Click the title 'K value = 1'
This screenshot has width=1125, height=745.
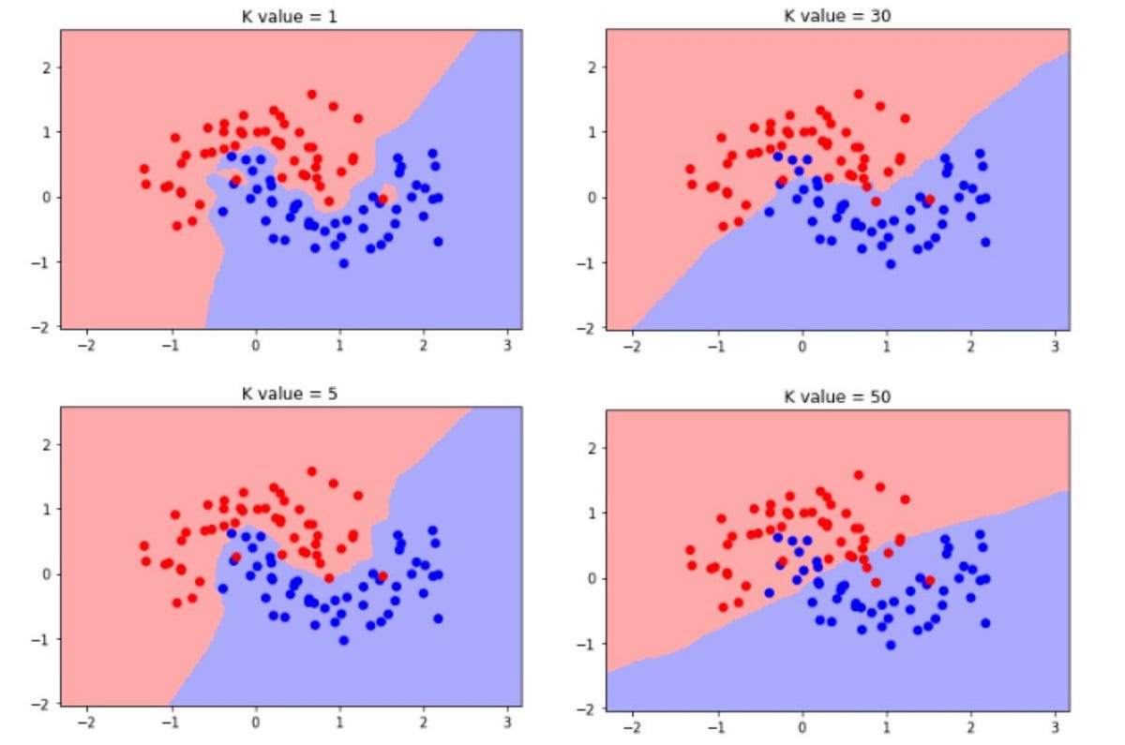(291, 15)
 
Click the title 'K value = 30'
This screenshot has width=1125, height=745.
(837, 15)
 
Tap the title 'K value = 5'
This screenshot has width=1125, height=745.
(291, 393)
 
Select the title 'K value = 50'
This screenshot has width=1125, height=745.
(837, 396)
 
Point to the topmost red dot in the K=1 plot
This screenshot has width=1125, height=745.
(311, 95)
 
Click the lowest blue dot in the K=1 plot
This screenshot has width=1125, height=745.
(344, 263)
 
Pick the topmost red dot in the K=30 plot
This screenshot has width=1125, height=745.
(858, 94)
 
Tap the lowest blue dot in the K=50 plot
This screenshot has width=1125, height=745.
(891, 645)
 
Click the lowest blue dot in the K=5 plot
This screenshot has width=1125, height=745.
(344, 640)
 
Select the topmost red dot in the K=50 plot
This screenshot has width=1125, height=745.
(858, 475)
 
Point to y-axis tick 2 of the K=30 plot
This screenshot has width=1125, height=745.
(591, 67)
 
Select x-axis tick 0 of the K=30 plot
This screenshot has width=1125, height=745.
(802, 345)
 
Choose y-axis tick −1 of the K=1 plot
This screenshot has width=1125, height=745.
(44, 262)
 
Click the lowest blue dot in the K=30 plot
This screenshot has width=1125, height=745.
(891, 263)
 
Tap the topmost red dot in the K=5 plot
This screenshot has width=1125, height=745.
(311, 471)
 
